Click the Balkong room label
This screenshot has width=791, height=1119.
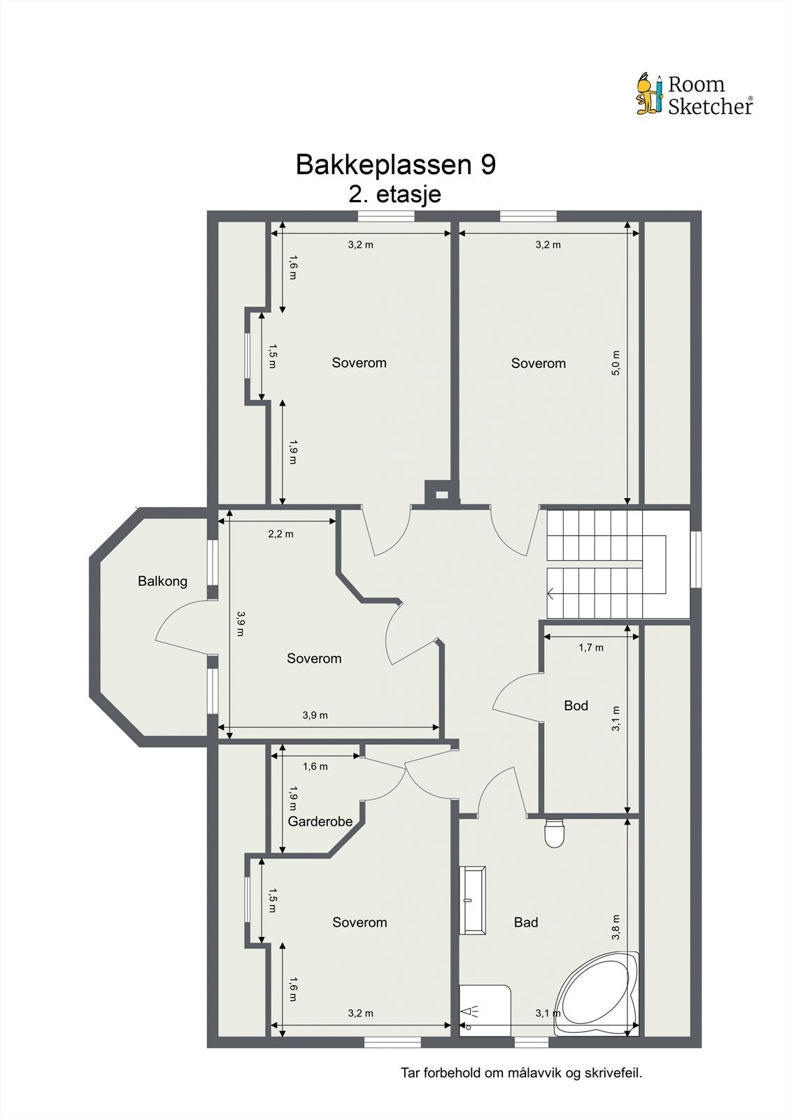click(x=162, y=581)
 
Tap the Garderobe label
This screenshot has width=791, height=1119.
click(x=320, y=822)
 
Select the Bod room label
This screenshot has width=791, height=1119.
click(x=576, y=706)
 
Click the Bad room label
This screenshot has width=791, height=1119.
click(x=526, y=922)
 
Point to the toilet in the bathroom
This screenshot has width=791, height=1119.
click(x=554, y=833)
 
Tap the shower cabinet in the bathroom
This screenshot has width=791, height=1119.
click(x=484, y=1009)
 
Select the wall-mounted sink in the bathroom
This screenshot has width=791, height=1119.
click(x=473, y=899)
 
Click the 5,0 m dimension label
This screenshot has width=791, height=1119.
click(x=615, y=364)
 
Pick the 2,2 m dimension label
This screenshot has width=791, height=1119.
click(x=280, y=534)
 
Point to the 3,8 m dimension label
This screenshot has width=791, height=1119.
click(x=615, y=927)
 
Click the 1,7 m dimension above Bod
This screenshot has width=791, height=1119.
click(x=591, y=648)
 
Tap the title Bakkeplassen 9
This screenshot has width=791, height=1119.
click(x=396, y=165)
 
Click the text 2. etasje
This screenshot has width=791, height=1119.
click(x=395, y=194)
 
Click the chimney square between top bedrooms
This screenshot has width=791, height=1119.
click(x=441, y=494)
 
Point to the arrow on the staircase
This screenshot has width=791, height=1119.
click(x=552, y=594)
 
